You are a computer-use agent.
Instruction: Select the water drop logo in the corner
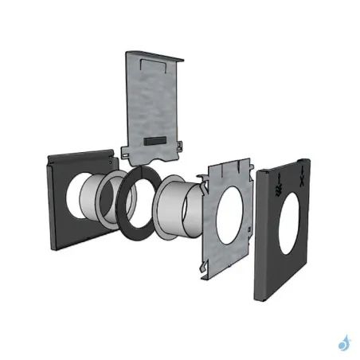pyautogui.click(x=343, y=343)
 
